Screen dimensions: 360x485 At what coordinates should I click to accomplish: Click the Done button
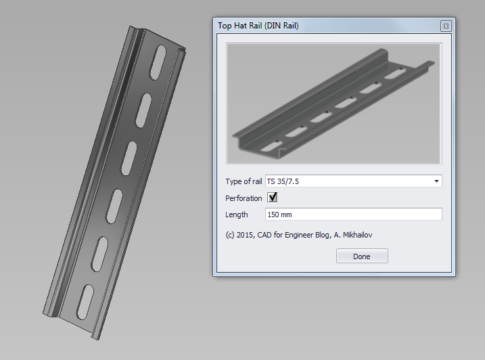(362, 256)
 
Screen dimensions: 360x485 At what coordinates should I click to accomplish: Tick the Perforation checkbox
(273, 198)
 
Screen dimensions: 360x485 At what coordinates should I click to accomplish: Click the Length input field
(353, 215)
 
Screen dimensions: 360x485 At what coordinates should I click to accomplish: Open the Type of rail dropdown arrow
(436, 181)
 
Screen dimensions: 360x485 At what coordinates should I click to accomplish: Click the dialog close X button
(445, 26)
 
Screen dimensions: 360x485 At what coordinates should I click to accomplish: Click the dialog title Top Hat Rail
(258, 26)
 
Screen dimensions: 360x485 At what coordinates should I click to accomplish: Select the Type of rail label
(244, 181)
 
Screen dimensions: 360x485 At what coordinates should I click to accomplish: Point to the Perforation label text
(244, 198)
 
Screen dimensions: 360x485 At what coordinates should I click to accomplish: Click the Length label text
(237, 215)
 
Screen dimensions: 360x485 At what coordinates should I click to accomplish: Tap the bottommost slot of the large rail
(85, 302)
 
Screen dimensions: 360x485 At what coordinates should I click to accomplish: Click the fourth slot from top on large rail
(115, 204)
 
